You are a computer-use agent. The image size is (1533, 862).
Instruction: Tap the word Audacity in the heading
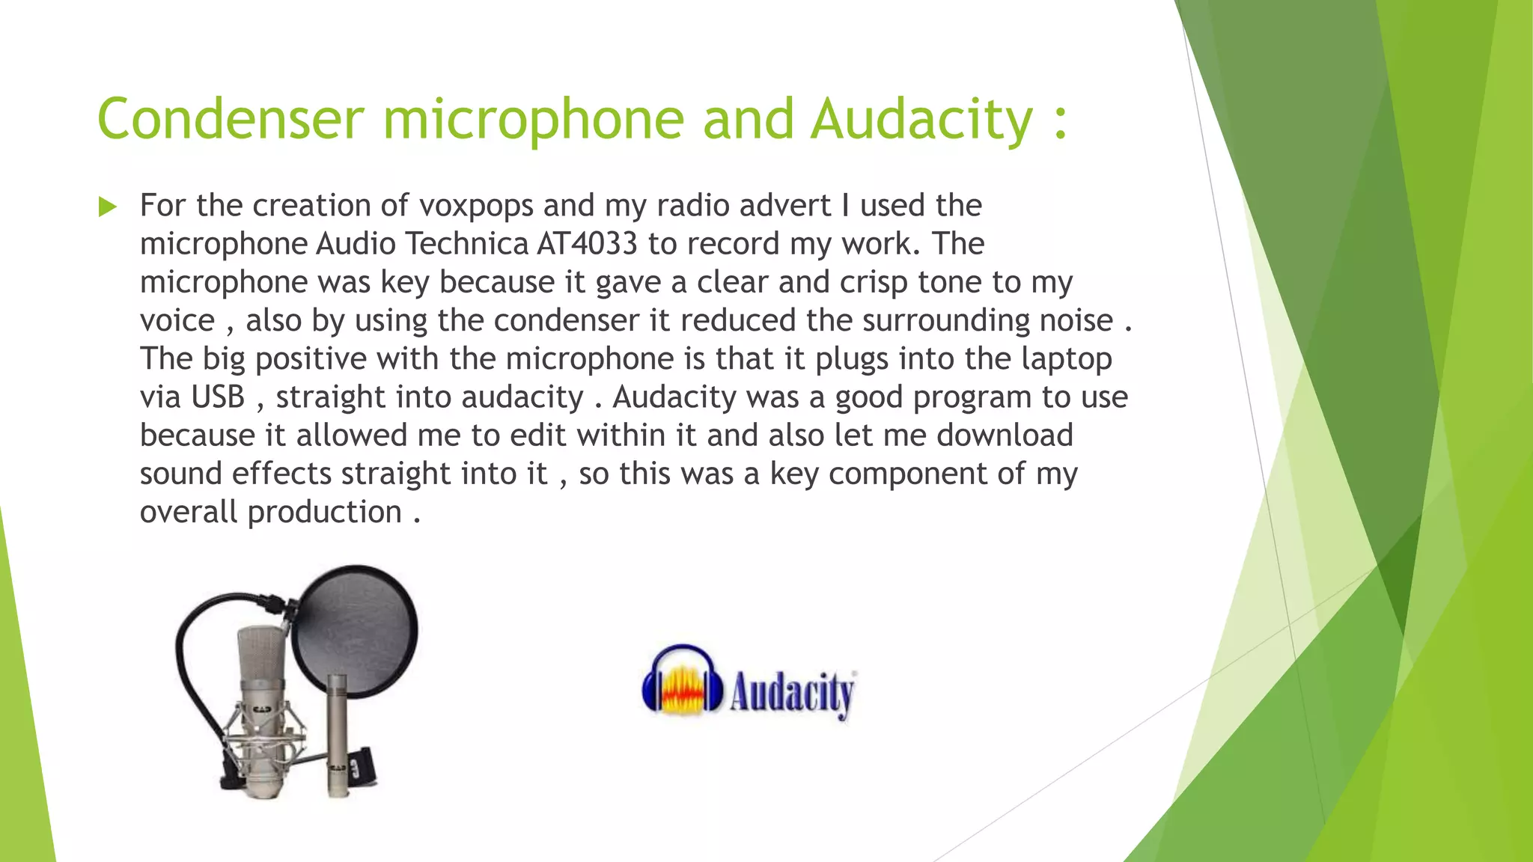(922, 120)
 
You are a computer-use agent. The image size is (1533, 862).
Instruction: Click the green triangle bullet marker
(108, 207)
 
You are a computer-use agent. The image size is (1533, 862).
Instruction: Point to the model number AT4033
(588, 244)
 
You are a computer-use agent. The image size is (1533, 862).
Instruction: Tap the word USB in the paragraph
(218, 397)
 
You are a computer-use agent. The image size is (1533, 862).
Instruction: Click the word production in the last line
(324, 513)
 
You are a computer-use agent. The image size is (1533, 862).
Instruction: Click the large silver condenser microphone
(262, 711)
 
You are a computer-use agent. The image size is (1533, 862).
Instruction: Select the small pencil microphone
(335, 733)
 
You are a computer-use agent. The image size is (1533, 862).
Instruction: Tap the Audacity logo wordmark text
(792, 693)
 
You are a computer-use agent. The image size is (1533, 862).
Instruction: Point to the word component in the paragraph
(908, 474)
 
